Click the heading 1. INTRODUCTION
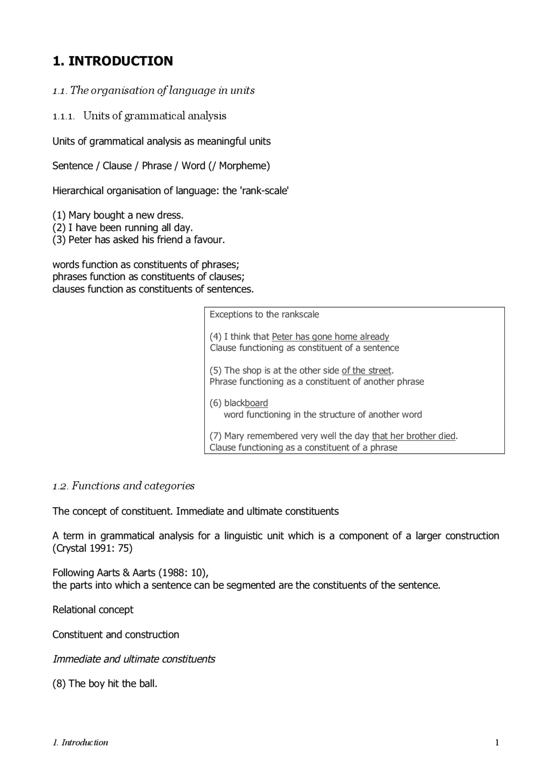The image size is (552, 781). click(113, 61)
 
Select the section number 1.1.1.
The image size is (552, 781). click(63, 116)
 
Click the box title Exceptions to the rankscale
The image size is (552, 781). click(264, 314)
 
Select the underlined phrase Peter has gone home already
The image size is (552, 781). click(330, 337)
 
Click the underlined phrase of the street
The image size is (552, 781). click(366, 370)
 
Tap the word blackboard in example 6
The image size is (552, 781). click(246, 403)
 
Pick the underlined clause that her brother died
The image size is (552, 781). click(414, 436)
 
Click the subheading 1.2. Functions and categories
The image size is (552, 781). click(123, 486)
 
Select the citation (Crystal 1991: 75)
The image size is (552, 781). click(92, 548)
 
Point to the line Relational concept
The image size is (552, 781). click(93, 610)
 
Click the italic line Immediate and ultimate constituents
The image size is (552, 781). click(134, 659)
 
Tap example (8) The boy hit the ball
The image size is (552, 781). click(105, 684)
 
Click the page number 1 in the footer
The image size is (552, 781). click(497, 742)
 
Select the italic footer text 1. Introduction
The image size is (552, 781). click(80, 742)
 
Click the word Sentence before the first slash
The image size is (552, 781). click(72, 166)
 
